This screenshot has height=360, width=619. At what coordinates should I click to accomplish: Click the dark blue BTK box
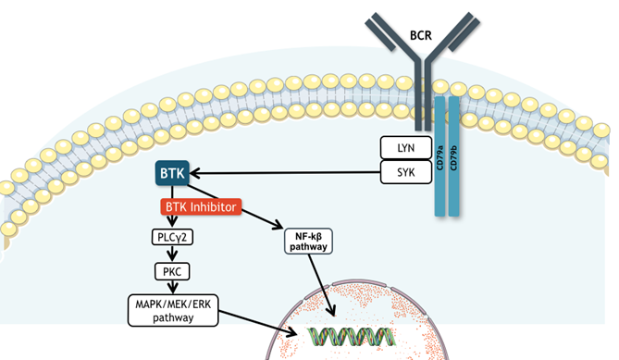click(172, 173)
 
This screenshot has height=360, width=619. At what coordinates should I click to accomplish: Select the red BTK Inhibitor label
click(201, 207)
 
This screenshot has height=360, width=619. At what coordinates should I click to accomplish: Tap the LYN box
click(406, 148)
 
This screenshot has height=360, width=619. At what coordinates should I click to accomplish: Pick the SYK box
click(406, 172)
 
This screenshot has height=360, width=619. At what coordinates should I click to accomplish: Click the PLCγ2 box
click(172, 237)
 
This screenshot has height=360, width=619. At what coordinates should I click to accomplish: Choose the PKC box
click(172, 271)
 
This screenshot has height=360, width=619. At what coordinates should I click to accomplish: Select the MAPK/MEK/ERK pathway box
click(173, 310)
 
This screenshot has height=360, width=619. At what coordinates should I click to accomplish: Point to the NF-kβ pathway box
click(308, 242)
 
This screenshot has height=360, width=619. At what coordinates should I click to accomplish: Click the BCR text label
click(421, 35)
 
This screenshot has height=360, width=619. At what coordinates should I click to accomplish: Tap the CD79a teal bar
click(439, 156)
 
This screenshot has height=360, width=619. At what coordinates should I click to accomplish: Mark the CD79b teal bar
click(453, 156)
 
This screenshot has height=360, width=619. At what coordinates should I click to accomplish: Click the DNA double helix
click(352, 337)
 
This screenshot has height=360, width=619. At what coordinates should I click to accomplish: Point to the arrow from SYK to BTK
click(285, 173)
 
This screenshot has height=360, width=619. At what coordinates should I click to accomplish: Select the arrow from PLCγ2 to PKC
click(172, 254)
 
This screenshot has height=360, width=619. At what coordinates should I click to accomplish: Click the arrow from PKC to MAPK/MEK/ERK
click(172, 287)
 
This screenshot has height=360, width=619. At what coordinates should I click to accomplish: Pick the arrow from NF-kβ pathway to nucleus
click(322, 285)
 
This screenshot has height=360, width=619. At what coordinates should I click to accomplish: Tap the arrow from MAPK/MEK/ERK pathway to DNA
click(258, 324)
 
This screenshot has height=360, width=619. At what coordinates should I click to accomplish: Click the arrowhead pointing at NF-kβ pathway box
click(279, 225)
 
